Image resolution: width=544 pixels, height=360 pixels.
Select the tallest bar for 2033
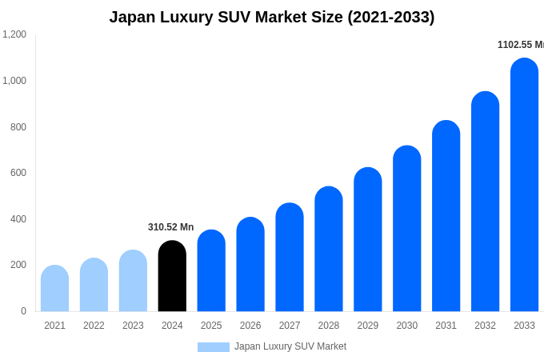(x=524, y=185)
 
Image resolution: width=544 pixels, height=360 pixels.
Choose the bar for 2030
(x=406, y=229)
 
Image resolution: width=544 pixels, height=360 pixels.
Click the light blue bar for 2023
(x=133, y=281)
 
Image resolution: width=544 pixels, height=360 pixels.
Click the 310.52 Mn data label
(x=170, y=227)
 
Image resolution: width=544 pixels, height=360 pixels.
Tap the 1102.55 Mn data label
(x=520, y=45)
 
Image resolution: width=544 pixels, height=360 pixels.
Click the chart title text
(x=272, y=17)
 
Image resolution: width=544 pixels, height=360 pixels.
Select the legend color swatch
(x=213, y=347)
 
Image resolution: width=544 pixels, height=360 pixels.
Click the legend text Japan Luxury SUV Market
(x=290, y=346)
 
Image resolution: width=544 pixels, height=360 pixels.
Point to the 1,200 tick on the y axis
(x=14, y=34)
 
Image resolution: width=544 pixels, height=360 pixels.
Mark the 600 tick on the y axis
(x=18, y=173)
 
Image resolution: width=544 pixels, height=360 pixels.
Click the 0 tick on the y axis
(x=23, y=311)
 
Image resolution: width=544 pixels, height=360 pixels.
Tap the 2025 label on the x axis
(x=211, y=326)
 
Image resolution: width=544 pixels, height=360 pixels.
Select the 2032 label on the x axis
(x=485, y=326)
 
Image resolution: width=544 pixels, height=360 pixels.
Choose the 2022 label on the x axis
(x=94, y=326)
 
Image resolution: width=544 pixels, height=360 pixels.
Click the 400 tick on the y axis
(x=18, y=219)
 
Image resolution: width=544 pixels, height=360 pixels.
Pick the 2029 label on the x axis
(x=368, y=326)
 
